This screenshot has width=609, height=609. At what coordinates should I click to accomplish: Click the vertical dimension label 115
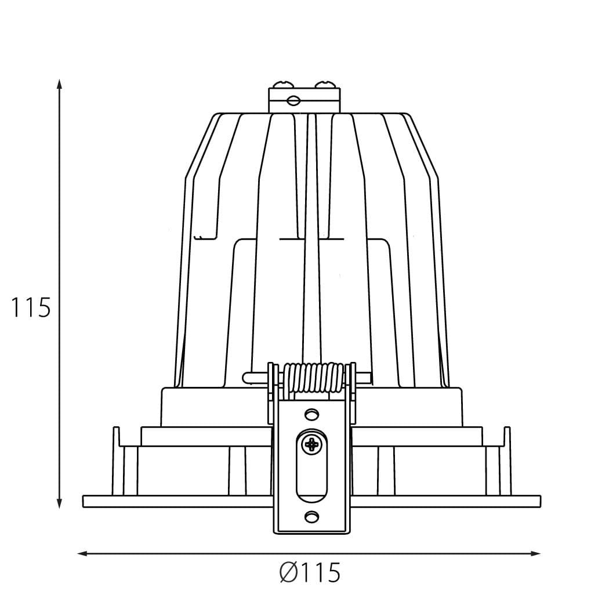(x=31, y=307)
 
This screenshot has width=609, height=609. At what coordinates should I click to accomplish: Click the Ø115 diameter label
(x=310, y=572)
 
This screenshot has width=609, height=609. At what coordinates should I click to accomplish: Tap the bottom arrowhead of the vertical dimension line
(x=59, y=503)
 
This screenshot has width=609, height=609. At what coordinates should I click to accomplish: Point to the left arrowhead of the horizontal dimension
(x=82, y=553)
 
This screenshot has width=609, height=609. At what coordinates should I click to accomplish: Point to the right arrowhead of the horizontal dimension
(x=535, y=553)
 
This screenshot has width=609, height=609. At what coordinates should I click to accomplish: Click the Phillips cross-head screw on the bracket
(x=311, y=444)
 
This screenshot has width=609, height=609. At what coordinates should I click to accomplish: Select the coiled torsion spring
(x=313, y=380)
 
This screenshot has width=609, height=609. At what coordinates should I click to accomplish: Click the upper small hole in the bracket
(x=311, y=414)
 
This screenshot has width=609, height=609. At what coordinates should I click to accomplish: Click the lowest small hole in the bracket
(x=311, y=517)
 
